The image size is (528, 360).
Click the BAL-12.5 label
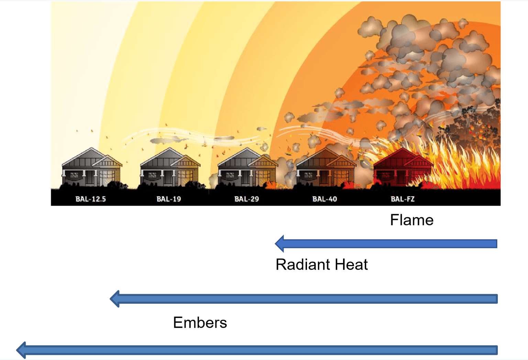tap(90, 199)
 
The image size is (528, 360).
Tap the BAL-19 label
tap(168, 199)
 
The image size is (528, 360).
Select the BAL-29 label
tap(246, 199)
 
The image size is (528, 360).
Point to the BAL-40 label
tap(324, 199)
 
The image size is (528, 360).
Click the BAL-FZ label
tap(403, 199)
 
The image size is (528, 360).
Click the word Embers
tap(200, 323)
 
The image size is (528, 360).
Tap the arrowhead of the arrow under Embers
tap(22, 350)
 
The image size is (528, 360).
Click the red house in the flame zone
tap(402, 168)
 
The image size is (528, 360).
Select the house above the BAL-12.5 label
tap(91, 168)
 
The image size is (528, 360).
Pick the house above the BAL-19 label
tap(170, 168)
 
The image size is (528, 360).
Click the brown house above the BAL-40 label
tap(325, 168)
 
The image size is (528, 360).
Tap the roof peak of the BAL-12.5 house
tap(91, 149)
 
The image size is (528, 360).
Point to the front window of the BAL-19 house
tap(152, 175)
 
